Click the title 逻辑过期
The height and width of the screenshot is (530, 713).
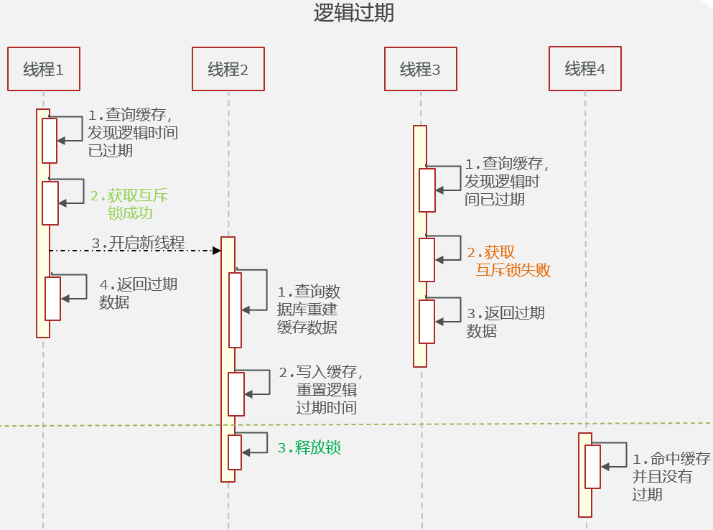point(354,12)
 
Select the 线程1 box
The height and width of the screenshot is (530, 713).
point(44,69)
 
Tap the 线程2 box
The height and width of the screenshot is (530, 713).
point(228,69)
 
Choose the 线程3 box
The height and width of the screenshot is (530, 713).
point(421,69)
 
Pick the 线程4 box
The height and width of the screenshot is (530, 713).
point(585,69)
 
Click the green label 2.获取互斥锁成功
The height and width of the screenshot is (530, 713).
point(129,204)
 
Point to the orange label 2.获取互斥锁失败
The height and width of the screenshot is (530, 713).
point(509,261)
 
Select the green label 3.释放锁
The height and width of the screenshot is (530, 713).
point(309,447)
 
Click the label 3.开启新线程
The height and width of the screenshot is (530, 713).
point(139,243)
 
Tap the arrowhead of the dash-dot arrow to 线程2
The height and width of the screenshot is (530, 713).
point(217,251)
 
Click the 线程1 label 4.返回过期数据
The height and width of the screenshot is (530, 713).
point(139,294)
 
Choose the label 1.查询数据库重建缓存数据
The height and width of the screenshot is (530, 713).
point(309,310)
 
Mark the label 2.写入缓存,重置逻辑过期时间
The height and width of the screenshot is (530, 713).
point(321,390)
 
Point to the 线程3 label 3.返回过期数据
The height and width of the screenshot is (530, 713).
point(505,322)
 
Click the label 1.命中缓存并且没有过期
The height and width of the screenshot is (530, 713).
point(672,476)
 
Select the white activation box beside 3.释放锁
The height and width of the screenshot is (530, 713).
point(235,452)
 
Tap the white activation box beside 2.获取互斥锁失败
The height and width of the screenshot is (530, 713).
point(427,260)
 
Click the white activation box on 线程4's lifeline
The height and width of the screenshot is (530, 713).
point(592,467)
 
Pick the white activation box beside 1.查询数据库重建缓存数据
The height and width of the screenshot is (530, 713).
point(235,310)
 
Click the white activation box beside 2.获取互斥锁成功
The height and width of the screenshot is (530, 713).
point(50,203)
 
